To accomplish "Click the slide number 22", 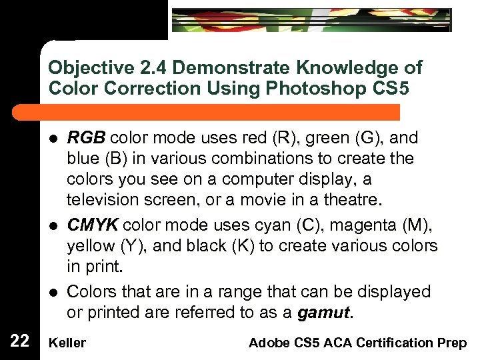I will click(x=20, y=342).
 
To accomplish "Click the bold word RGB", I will click(x=86, y=138).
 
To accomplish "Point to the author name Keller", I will click(x=67, y=343).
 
